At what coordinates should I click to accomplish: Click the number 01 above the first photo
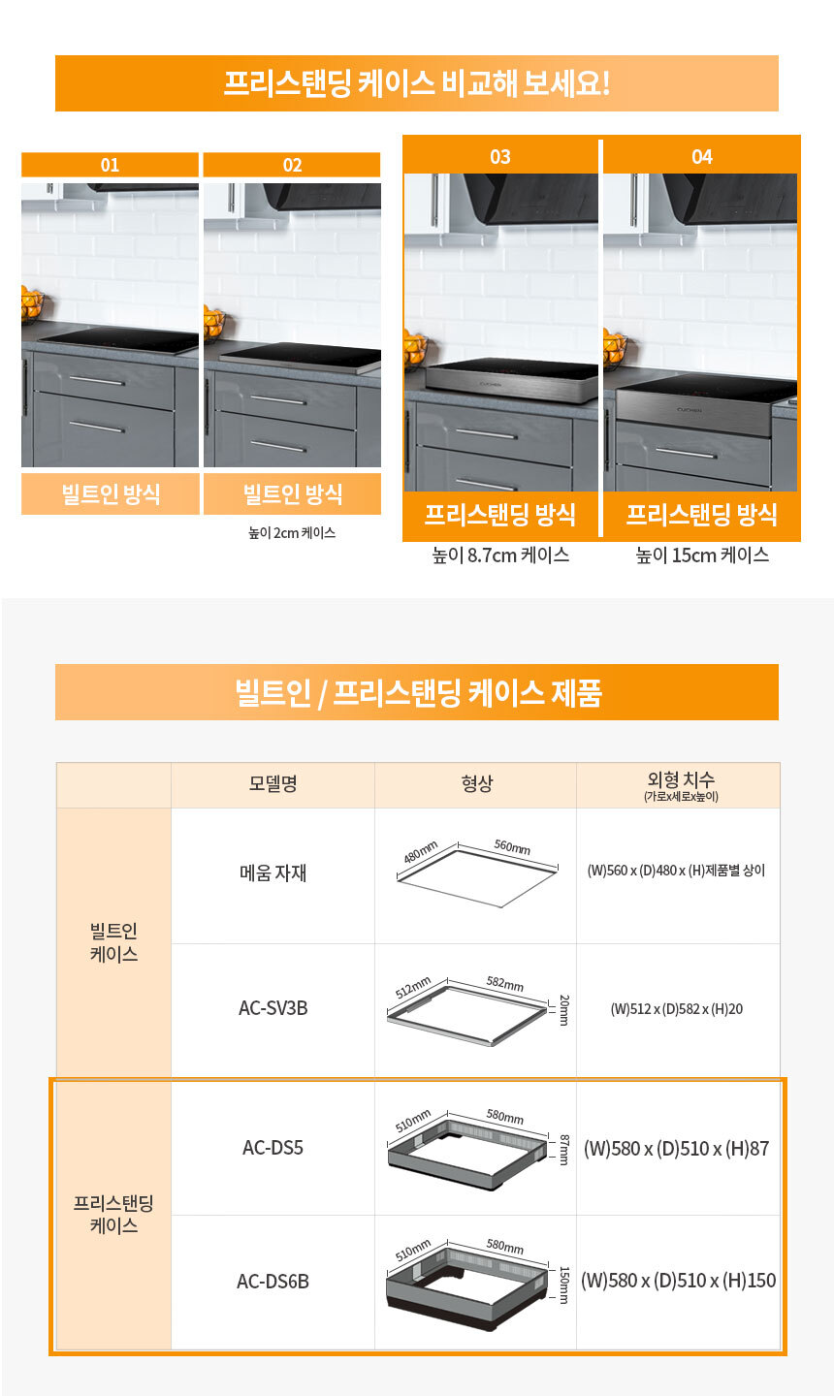(110, 165)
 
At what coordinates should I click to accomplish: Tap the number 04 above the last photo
(702, 156)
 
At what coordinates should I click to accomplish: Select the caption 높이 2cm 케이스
(292, 533)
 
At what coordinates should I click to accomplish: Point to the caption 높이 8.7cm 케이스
(500, 555)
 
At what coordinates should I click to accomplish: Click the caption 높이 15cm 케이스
(702, 555)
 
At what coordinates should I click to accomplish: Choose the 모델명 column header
(273, 783)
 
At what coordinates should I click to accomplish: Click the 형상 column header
(477, 783)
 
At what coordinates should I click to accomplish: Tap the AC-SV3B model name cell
(273, 1008)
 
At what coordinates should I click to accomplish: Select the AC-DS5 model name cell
(273, 1148)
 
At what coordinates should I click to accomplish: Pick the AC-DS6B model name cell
(273, 1282)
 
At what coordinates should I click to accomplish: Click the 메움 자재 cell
(273, 872)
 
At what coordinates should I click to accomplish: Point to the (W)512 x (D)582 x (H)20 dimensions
(677, 1009)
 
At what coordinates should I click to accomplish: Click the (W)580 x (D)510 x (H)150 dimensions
(678, 1281)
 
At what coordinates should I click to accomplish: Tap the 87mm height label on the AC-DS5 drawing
(563, 1149)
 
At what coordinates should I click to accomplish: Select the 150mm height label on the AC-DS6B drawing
(563, 1285)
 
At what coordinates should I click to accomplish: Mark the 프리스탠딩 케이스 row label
(113, 1214)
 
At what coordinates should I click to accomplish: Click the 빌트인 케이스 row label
(113, 942)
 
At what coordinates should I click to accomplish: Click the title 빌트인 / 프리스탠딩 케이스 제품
(418, 692)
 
